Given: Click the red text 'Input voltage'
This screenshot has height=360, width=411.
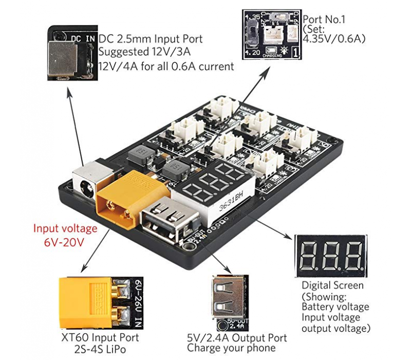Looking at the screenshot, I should coord(65,228).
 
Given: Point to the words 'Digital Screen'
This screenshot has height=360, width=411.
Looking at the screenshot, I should coord(332,285).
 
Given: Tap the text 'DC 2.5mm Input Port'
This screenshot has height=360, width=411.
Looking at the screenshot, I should coord(150,39).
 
